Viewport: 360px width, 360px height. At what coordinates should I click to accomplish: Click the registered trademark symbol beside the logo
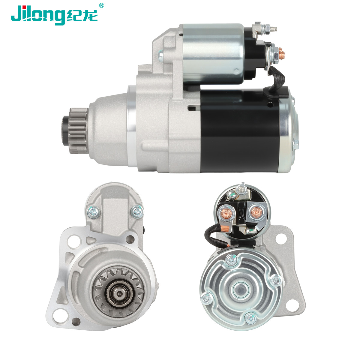click(101, 6)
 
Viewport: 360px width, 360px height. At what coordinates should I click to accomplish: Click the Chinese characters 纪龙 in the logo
click(82, 16)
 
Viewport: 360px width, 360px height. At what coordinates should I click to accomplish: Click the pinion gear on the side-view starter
click(78, 130)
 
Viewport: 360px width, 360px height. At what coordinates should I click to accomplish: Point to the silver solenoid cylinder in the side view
click(213, 54)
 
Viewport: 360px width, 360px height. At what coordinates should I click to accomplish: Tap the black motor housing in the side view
click(240, 131)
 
